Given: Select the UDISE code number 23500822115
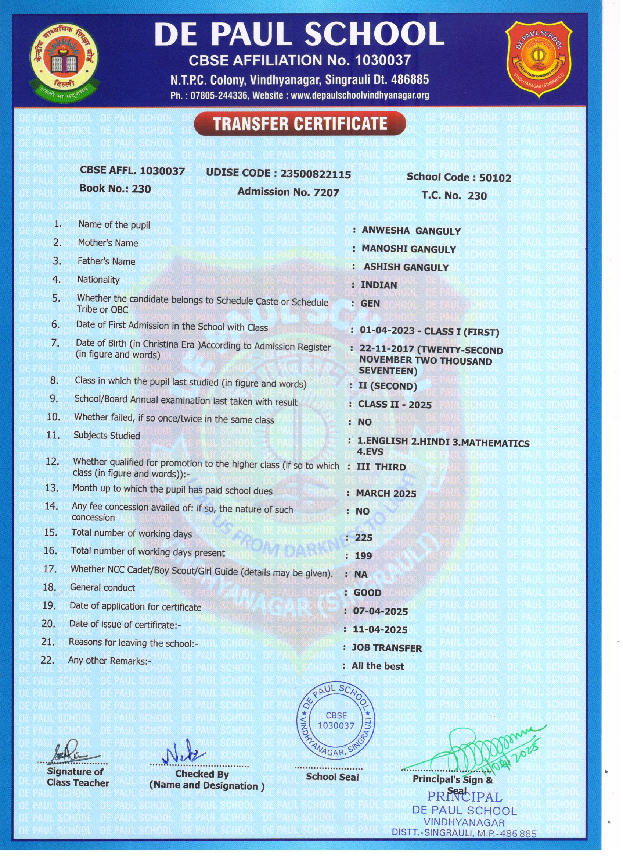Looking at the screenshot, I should (315, 174).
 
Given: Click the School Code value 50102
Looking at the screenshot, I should (495, 178).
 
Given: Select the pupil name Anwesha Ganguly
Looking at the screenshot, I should (411, 231).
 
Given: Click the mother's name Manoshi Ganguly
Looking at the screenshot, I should (408, 249).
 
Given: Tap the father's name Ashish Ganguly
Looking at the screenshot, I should (406, 267).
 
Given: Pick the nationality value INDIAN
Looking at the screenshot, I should (379, 285).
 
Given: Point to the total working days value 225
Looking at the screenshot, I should (364, 538).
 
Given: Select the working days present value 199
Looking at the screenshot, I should (364, 556).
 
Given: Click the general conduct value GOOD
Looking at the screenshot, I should (367, 592).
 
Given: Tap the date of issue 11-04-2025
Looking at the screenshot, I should (380, 629).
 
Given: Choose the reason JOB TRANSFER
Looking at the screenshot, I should (387, 648).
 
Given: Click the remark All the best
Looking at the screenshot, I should (378, 666).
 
